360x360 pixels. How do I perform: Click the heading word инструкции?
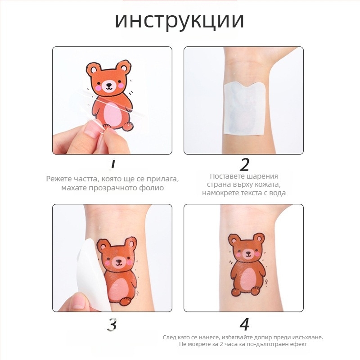[179, 21]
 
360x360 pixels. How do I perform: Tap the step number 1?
[112, 164]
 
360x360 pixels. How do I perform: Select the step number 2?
[244, 164]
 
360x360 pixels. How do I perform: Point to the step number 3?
[112, 324]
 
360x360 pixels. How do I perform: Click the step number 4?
[244, 324]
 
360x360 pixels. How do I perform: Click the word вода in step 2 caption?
[277, 193]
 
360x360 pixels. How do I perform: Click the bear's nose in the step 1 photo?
[109, 85]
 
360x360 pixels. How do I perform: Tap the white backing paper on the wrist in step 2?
[245, 109]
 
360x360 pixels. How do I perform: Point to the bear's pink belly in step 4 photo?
[247, 279]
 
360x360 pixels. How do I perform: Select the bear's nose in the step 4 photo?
[248, 252]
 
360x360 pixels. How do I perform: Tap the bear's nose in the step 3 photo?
[119, 261]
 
